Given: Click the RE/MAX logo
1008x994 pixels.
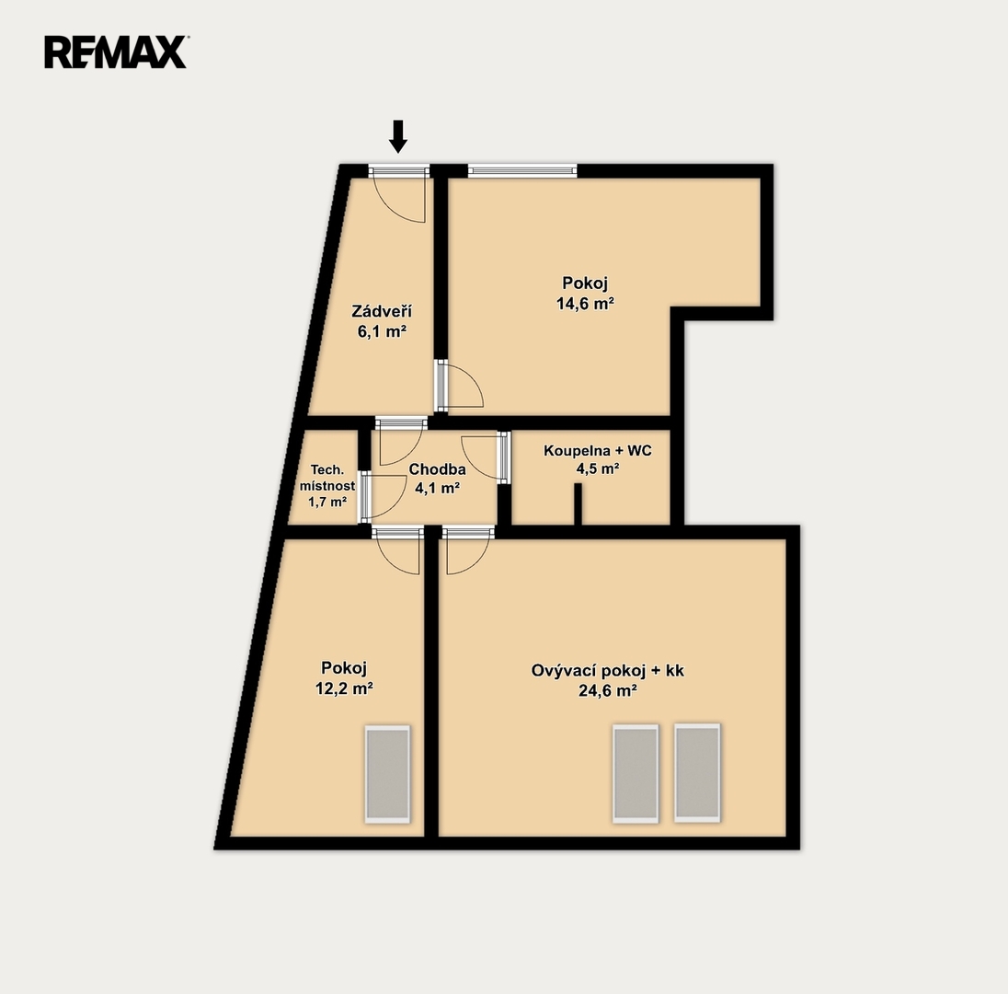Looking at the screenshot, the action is tap(116, 52).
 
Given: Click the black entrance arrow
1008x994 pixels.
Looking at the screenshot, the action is tap(398, 136).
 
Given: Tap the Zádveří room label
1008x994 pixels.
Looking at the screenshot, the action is tap(382, 311).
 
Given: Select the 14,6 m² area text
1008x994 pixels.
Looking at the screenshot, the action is tap(585, 304).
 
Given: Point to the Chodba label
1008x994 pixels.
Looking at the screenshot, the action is tap(437, 469).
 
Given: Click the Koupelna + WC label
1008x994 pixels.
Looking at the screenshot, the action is tap(598, 450).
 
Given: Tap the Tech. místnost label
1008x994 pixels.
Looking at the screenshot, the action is tap(327, 478).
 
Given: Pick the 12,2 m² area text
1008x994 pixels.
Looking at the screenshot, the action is tap(344, 688).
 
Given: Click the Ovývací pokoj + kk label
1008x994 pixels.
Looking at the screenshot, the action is tap(608, 670).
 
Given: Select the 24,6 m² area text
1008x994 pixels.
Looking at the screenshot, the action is tap(608, 691).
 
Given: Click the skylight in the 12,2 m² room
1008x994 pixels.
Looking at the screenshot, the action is tap(387, 774).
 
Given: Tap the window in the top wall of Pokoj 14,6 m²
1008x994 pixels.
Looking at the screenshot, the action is tap(522, 170).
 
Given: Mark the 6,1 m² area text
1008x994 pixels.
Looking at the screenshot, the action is tap(382, 332).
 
